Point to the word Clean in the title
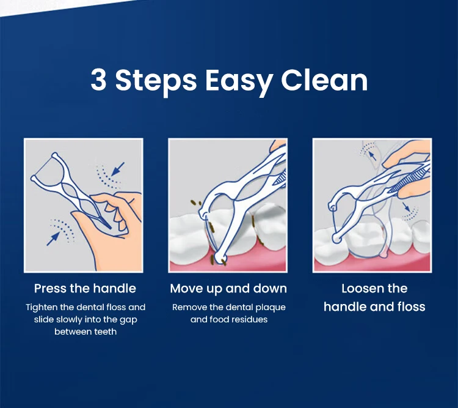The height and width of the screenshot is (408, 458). pos(324,80)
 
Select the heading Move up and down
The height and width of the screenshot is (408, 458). pos(228,289)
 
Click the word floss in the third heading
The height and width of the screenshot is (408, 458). pos(410,307)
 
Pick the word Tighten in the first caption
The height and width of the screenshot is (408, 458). pos(43,307)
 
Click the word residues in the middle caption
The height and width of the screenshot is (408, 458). pos(249,319)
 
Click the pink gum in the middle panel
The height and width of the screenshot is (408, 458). pos(244,263)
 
